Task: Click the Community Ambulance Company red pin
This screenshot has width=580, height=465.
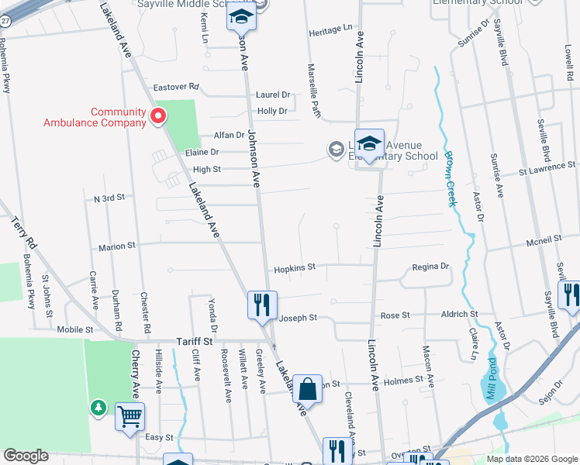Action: pos(158,117)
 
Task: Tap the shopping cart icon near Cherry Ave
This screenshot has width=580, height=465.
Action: pos(129,416)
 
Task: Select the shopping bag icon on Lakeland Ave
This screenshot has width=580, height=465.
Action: pos(308,390)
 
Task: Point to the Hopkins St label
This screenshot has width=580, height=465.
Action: pos(294,268)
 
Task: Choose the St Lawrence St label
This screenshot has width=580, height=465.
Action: pos(547,166)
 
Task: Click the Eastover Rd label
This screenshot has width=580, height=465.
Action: pos(176,87)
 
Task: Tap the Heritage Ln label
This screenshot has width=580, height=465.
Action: pos(330,29)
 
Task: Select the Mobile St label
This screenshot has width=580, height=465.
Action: pos(75,329)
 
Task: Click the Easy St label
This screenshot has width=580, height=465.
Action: pos(159,437)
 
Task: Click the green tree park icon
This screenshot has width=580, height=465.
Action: pos(98,407)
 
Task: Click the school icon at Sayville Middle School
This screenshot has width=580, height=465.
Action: pos(240,16)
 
